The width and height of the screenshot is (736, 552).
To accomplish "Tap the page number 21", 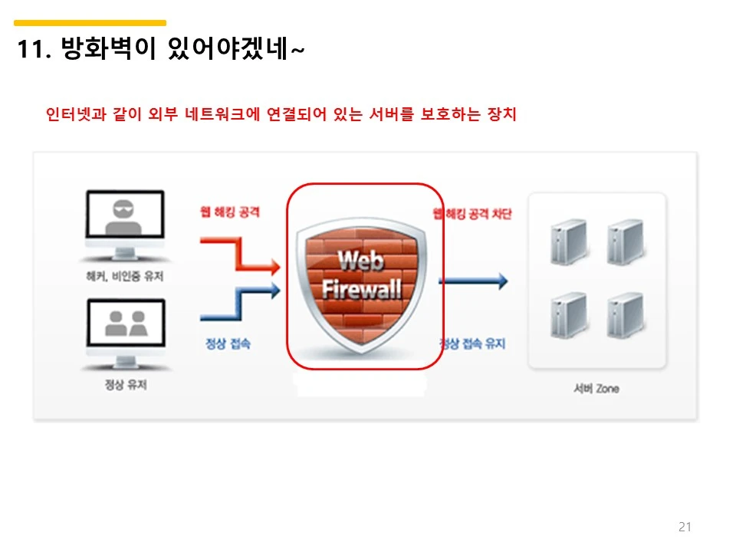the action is point(685,527).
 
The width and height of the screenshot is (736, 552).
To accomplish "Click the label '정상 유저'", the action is point(126,384).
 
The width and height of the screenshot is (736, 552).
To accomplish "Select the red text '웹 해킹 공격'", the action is point(229,212).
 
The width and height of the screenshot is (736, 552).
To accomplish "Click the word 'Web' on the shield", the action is point(360,261).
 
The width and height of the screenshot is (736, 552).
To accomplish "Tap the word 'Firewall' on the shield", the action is point(361,291).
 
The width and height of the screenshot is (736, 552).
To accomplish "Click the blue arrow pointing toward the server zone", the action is point(473,281).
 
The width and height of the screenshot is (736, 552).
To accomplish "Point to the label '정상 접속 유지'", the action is point(473,344).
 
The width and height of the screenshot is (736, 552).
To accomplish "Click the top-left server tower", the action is point(568,242).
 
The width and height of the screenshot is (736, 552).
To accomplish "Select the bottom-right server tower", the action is point(623,316).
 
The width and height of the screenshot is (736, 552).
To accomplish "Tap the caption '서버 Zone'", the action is point(596,389).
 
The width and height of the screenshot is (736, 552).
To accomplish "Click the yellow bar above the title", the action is point(90,23).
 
